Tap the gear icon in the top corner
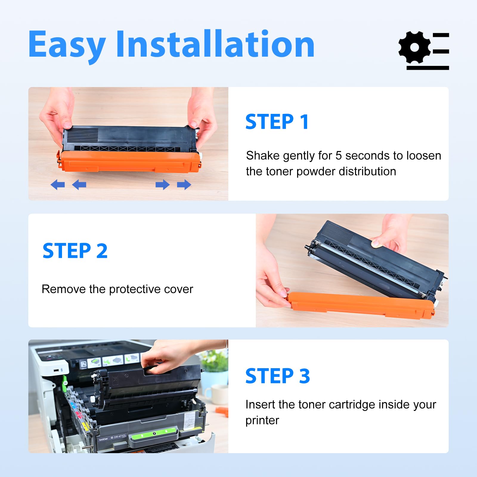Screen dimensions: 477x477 (414, 47)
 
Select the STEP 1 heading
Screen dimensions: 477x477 (277, 122)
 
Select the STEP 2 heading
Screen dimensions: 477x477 (75, 251)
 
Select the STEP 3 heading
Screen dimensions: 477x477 (278, 376)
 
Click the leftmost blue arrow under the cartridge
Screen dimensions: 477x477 (58, 185)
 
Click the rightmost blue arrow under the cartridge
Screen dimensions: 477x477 (184, 185)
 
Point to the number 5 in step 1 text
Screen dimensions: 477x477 (339, 156)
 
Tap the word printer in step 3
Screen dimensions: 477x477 (262, 421)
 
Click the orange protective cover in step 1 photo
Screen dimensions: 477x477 (129, 161)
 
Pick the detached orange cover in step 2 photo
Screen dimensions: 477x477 (361, 305)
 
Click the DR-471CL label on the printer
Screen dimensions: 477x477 (120, 436)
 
